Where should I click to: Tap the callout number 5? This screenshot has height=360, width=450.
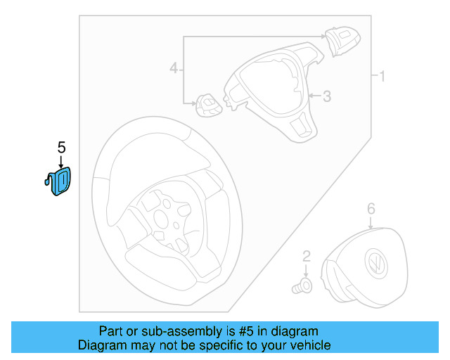(61, 147)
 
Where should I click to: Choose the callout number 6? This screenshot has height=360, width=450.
(371, 208)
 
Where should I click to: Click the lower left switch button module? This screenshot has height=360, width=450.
(208, 105)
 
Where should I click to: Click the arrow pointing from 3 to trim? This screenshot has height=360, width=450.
(314, 95)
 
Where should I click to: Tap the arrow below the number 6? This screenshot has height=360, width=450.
(371, 221)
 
